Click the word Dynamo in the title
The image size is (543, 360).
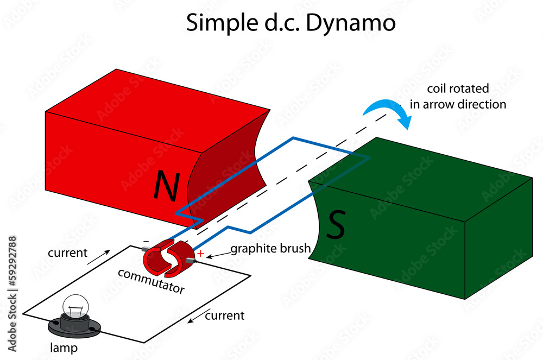[x=350, y=23]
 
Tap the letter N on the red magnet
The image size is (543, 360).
[x=167, y=186]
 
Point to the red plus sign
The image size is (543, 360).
[x=201, y=254]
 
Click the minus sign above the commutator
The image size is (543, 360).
[x=146, y=241]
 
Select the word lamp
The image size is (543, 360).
[x=64, y=348]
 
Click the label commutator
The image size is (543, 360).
[x=151, y=281]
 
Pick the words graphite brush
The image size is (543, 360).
[x=270, y=249]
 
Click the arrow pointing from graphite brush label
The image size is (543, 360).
[x=218, y=255]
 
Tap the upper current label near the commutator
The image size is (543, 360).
[x=67, y=252]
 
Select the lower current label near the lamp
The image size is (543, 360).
[x=225, y=315]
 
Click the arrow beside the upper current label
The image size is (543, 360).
[x=99, y=257]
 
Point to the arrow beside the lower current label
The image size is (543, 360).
[x=199, y=315]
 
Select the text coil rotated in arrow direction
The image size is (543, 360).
[x=458, y=96]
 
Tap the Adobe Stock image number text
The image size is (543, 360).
[x=12, y=294]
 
